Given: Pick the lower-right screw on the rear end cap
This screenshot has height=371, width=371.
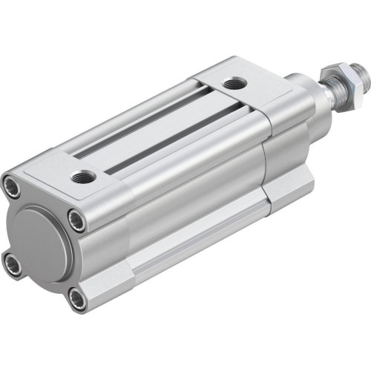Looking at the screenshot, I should coord(76,279).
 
